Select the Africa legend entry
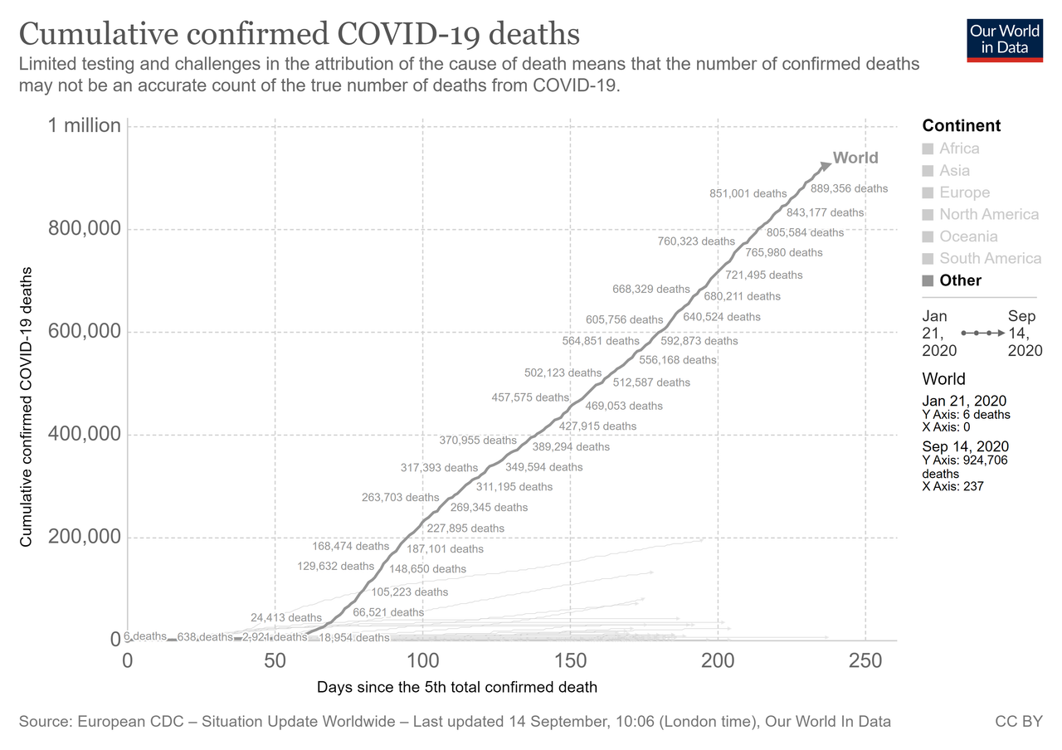tap(958, 149)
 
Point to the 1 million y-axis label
tap(84, 126)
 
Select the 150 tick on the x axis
tap(570, 661)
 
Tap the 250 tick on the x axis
tap(865, 661)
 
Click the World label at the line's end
tap(855, 158)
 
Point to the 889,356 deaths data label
tap(848, 188)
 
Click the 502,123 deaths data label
tap(563, 373)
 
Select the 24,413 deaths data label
tap(286, 618)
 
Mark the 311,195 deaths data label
tap(514, 487)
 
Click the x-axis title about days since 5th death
tap(457, 688)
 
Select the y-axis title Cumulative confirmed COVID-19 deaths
tap(26, 407)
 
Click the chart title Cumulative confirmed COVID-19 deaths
tap(299, 34)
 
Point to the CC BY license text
tap(1018, 722)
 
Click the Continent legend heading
tap(962, 126)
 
